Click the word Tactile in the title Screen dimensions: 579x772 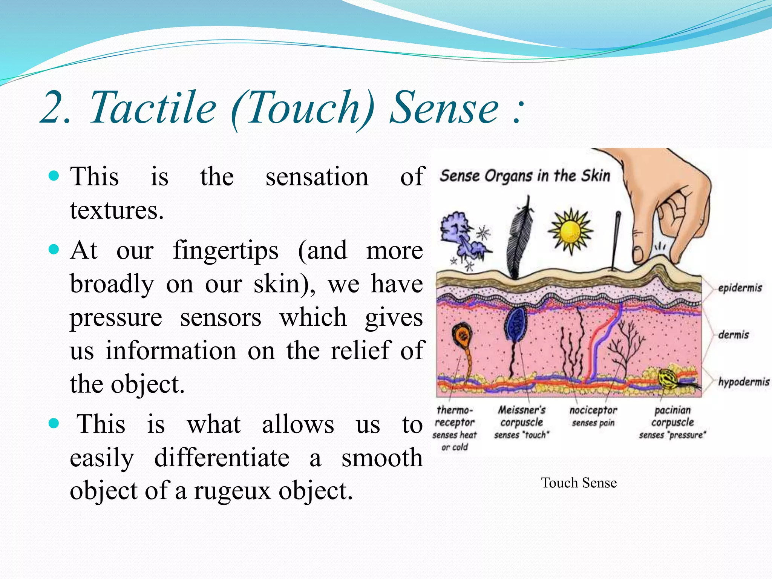(x=153, y=108)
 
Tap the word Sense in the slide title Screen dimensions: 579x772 (x=444, y=108)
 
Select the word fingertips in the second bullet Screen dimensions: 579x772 (x=225, y=251)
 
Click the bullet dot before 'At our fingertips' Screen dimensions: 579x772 (x=54, y=250)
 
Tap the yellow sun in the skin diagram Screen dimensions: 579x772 (x=570, y=231)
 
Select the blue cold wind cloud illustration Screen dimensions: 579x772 (x=462, y=236)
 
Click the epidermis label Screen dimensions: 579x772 (x=740, y=288)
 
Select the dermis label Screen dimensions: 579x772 (x=733, y=335)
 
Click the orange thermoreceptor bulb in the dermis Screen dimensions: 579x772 (x=462, y=335)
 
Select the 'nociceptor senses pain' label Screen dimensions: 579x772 (x=593, y=416)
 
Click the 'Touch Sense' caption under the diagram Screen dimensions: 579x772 (x=579, y=483)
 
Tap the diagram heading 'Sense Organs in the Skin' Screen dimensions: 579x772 (x=525, y=176)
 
